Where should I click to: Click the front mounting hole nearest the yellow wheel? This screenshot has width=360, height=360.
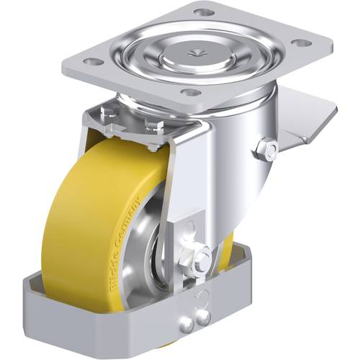click(x=189, y=92)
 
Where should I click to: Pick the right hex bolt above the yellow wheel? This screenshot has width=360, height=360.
click(x=153, y=126)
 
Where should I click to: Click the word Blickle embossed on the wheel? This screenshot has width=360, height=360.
click(x=110, y=245)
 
